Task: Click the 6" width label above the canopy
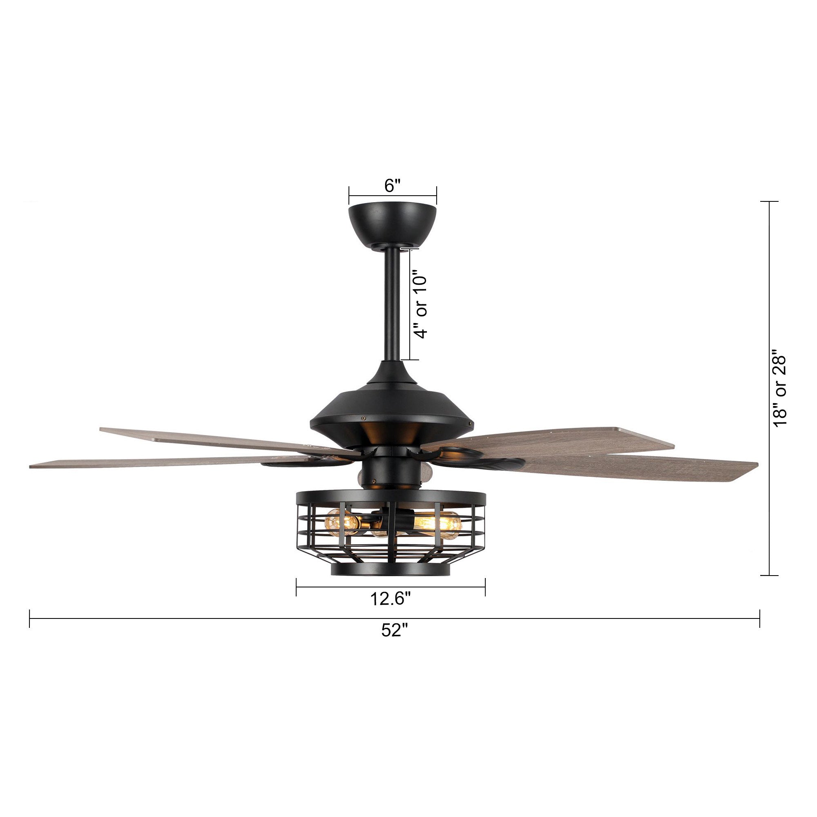392,185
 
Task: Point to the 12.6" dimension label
390,599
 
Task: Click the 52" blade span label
394,642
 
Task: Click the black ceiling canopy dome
392,224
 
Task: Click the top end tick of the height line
769,202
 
